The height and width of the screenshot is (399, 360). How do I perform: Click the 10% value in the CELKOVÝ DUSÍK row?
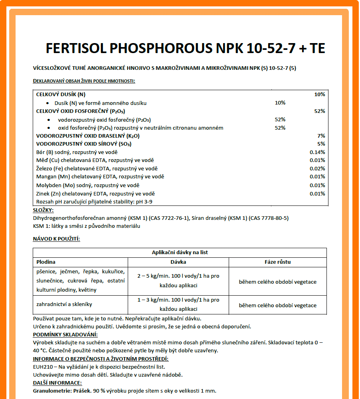point(319,95)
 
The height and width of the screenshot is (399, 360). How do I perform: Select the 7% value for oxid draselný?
point(321,136)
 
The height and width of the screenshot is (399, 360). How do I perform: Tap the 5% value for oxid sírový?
point(321,144)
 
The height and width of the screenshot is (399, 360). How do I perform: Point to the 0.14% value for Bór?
point(317,152)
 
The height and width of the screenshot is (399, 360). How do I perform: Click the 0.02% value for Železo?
point(317,168)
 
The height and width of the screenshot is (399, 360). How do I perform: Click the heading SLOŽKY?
point(43,210)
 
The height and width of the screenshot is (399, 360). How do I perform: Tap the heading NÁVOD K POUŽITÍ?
point(56,239)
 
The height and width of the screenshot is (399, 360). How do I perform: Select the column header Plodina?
point(46,262)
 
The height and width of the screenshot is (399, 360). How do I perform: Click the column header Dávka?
point(178,262)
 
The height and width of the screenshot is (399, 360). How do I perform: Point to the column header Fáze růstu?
point(277,262)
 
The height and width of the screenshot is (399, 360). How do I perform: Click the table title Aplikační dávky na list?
point(180,253)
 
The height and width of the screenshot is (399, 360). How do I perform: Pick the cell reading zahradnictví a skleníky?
point(64,304)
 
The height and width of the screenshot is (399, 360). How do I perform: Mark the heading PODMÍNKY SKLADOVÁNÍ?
point(65,335)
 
